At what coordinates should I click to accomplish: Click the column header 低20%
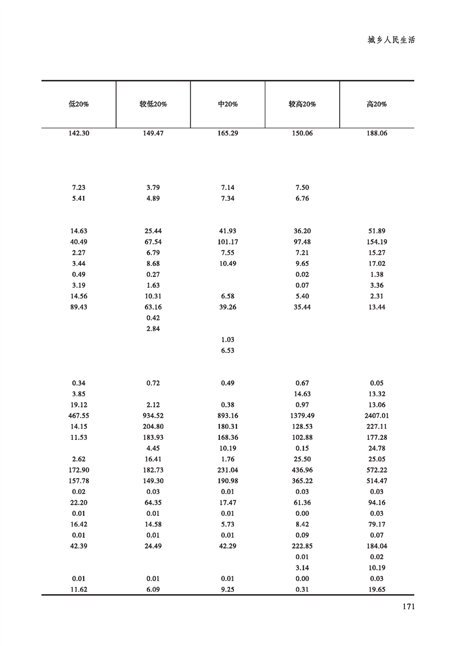(x=78, y=104)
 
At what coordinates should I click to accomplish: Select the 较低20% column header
(x=153, y=104)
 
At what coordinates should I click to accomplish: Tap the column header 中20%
(x=228, y=104)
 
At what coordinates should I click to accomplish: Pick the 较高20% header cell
(x=302, y=104)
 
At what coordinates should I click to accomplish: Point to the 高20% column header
(x=377, y=104)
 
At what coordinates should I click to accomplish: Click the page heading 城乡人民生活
(x=391, y=41)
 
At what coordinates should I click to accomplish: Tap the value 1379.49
(x=302, y=416)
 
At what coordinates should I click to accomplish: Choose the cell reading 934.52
(x=153, y=416)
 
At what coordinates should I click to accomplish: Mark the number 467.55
(x=78, y=416)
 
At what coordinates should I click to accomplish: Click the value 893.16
(x=228, y=416)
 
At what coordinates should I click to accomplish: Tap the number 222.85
(x=302, y=546)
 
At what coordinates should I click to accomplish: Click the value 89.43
(x=78, y=307)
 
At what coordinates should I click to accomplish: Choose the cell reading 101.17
(x=228, y=242)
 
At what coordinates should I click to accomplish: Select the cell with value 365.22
(x=302, y=481)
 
